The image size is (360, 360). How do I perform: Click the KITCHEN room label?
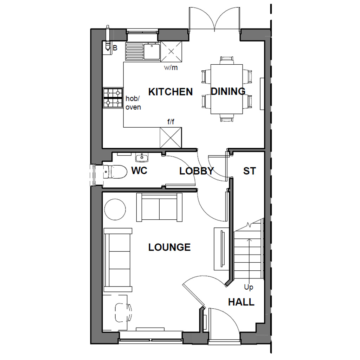coord(171,92)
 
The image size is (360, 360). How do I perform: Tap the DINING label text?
coord(228,91)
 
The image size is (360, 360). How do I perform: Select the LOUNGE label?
coord(169,247)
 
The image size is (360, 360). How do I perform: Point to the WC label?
coord(139,171)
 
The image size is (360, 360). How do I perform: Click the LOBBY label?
coord(197,171)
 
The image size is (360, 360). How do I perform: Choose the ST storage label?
coord(249,171)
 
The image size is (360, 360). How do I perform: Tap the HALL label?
coord(241,302)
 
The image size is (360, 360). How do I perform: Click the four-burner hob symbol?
coord(112,97)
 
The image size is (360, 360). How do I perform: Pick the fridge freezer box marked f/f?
coord(171,137)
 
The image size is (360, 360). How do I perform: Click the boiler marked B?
coord(107,47)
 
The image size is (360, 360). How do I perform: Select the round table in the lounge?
coord(115,210)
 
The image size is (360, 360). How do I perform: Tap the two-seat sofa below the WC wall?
coord(160,207)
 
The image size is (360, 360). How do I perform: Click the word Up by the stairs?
coord(249,287)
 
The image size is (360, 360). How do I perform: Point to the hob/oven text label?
coord(133,103)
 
